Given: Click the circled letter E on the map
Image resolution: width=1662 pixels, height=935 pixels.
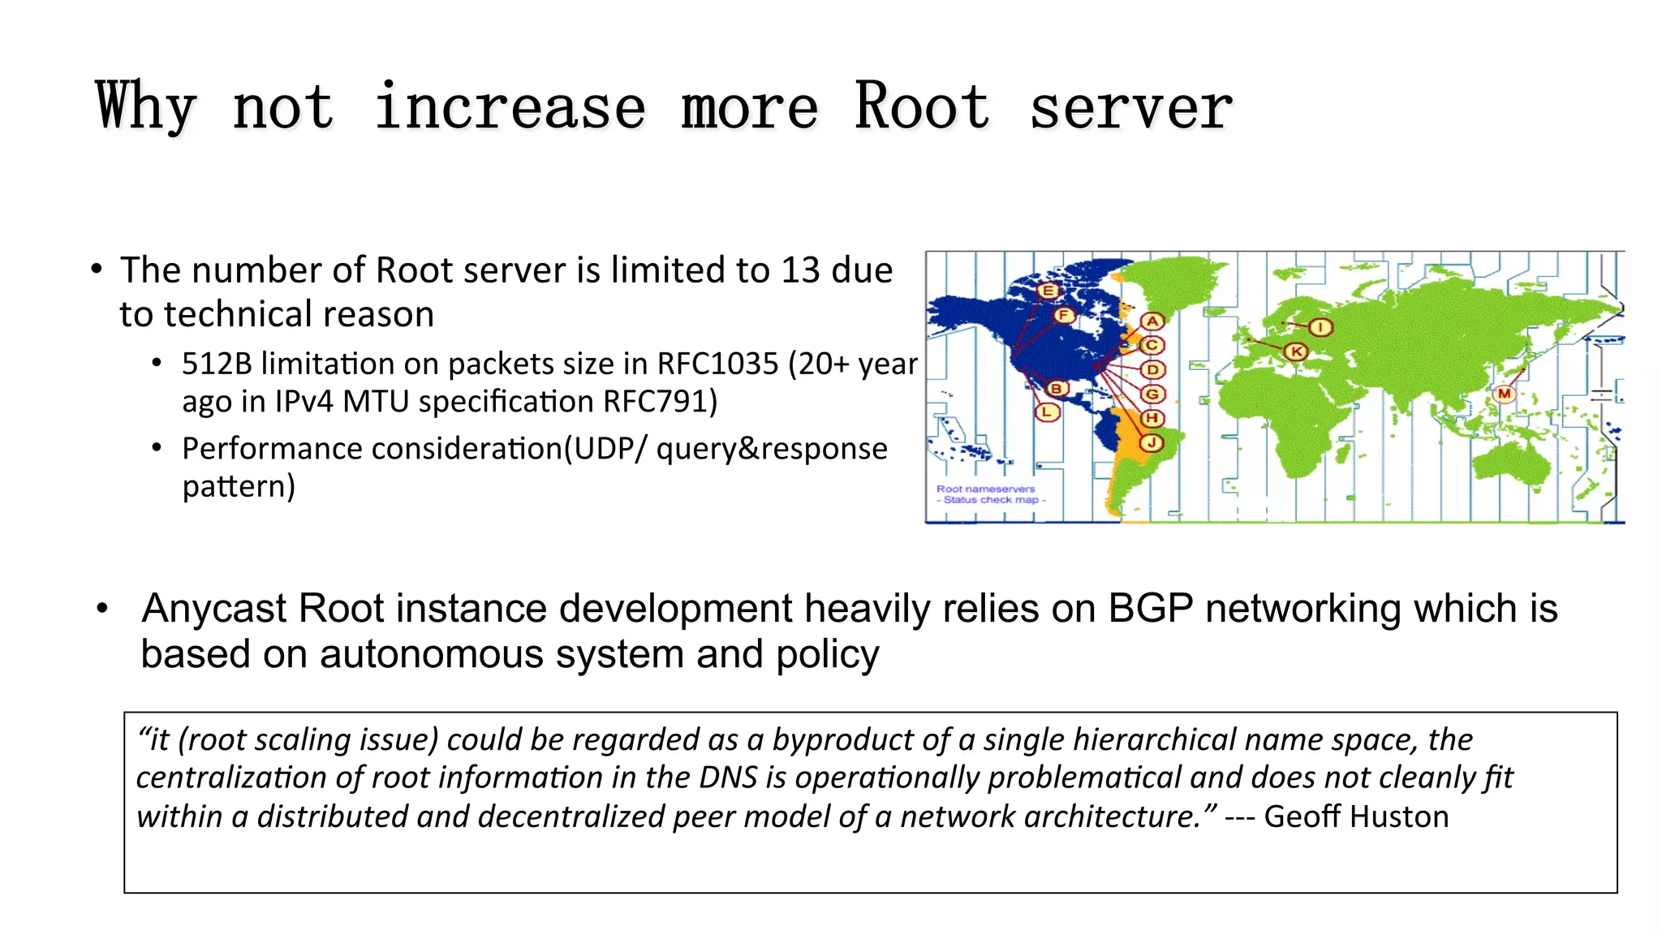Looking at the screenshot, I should (x=1048, y=291).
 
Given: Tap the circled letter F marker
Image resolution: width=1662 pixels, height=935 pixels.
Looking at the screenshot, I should (x=1064, y=315).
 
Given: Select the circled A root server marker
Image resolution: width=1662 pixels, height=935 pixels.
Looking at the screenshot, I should (x=1152, y=321).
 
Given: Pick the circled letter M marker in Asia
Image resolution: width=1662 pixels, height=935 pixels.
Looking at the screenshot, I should (x=1505, y=394).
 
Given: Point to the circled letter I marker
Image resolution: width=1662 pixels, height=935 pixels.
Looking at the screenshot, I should (x=1320, y=327).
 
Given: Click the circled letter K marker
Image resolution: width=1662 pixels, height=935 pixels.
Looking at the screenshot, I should (x=1295, y=351).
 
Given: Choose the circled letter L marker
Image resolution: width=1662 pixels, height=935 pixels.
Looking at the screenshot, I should (x=1047, y=412).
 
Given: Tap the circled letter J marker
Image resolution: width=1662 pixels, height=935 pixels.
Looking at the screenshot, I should (x=1152, y=442).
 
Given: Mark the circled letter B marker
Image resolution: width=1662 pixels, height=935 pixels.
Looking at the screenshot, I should (x=1056, y=389).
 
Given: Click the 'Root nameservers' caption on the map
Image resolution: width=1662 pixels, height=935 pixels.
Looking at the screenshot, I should (x=986, y=489).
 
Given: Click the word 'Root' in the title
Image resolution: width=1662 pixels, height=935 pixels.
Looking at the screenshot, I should (x=922, y=107).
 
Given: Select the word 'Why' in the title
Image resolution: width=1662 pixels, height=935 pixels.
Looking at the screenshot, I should (x=146, y=107).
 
